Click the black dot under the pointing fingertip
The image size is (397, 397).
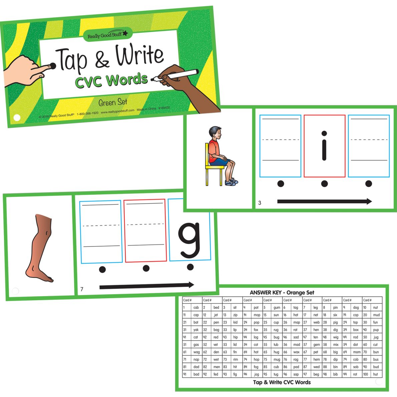point(52,66)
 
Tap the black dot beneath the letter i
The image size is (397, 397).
point(324,183)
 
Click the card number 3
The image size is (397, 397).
point(260,203)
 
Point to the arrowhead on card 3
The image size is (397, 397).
point(369,201)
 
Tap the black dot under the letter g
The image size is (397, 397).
point(190,267)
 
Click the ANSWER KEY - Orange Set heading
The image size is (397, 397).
point(282,293)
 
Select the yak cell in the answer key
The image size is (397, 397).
point(196,330)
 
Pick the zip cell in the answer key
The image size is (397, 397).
point(235,315)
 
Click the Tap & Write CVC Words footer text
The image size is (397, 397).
point(282,382)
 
